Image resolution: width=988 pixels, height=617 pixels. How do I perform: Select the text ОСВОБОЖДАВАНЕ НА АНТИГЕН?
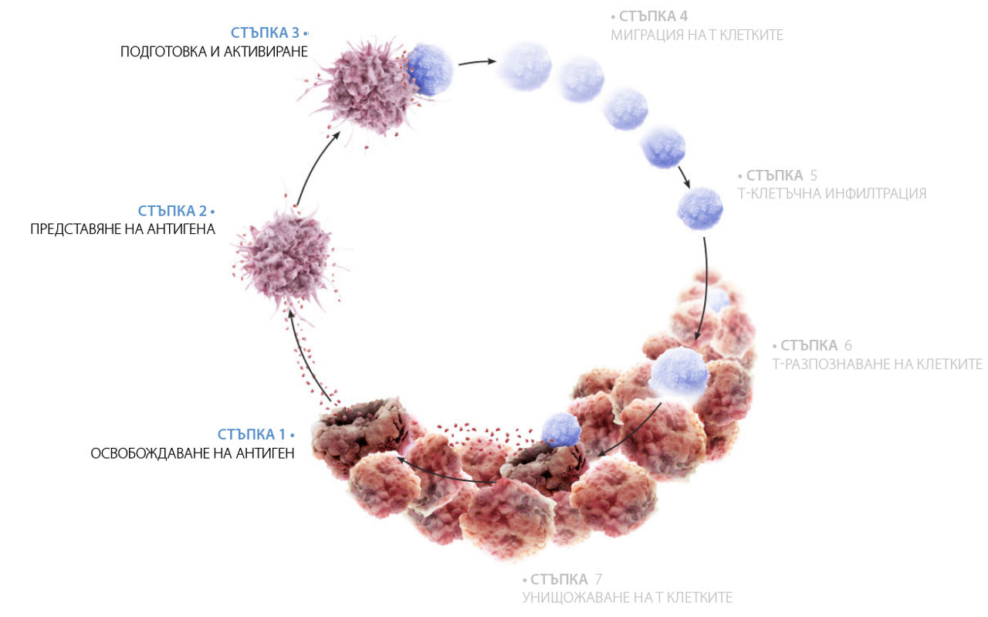pos(192,453)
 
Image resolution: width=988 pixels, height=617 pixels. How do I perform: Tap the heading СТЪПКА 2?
pos(171,211)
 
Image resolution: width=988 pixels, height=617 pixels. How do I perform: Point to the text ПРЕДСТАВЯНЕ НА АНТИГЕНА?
pos(123,229)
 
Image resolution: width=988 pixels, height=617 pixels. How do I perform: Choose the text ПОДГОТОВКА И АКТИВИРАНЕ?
pos(214,52)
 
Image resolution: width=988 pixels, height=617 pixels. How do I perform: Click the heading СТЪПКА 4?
pos(653,16)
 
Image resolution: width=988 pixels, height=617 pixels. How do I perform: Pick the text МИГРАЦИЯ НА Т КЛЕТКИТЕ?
pos(696,35)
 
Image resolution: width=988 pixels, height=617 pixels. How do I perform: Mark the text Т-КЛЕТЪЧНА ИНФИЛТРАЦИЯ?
pos(832,194)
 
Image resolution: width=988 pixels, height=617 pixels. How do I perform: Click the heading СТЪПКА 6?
pos(812,345)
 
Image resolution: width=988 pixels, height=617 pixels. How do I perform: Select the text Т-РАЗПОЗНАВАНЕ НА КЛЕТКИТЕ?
pos(877,364)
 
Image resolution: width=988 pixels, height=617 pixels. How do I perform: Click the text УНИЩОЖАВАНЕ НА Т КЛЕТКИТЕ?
pos(627,598)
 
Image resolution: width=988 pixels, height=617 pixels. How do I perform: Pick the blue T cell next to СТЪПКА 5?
pos(700,208)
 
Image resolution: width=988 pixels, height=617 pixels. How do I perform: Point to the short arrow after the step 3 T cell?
pos(476,63)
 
